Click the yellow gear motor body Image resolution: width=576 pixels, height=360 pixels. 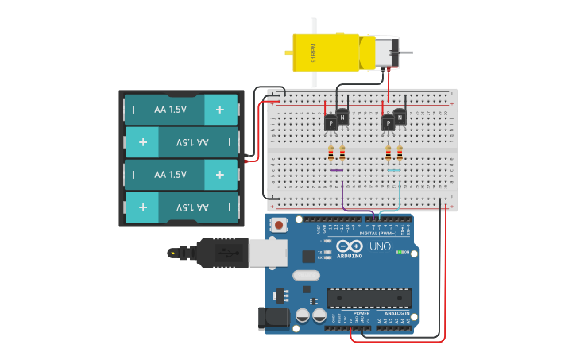click(x=326, y=52)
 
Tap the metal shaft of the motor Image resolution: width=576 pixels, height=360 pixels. click(x=406, y=52)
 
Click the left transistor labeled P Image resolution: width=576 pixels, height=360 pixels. click(x=331, y=123)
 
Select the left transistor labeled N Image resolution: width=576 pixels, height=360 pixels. click(x=342, y=118)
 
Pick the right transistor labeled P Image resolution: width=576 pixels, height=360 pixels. click(x=388, y=123)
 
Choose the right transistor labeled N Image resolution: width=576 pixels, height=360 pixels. click(x=400, y=118)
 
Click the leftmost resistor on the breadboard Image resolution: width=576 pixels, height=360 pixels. click(x=331, y=153)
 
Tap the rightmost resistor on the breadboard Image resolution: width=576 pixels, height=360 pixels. click(x=400, y=153)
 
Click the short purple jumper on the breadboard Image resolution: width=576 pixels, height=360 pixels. click(x=337, y=170)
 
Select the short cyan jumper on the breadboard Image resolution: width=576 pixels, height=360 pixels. click(x=393, y=170)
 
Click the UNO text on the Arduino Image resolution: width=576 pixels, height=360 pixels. click(x=380, y=247)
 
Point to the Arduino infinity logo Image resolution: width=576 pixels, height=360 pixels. click(x=350, y=246)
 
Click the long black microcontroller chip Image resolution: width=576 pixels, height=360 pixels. click(x=369, y=298)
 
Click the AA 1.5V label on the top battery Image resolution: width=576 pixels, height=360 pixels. click(x=171, y=109)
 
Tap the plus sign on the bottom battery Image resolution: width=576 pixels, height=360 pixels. click(x=142, y=207)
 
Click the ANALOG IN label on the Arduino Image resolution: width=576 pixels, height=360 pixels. click(x=397, y=313)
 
